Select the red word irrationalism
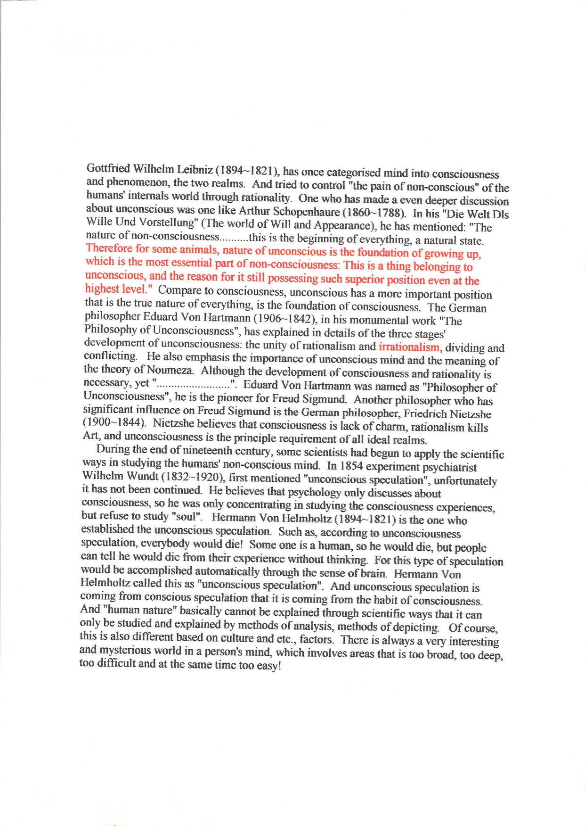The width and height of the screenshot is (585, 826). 409,347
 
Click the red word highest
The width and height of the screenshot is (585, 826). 101,289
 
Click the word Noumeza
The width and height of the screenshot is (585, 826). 170,369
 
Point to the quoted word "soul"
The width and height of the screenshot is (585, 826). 187,516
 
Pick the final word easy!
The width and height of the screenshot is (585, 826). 269,666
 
